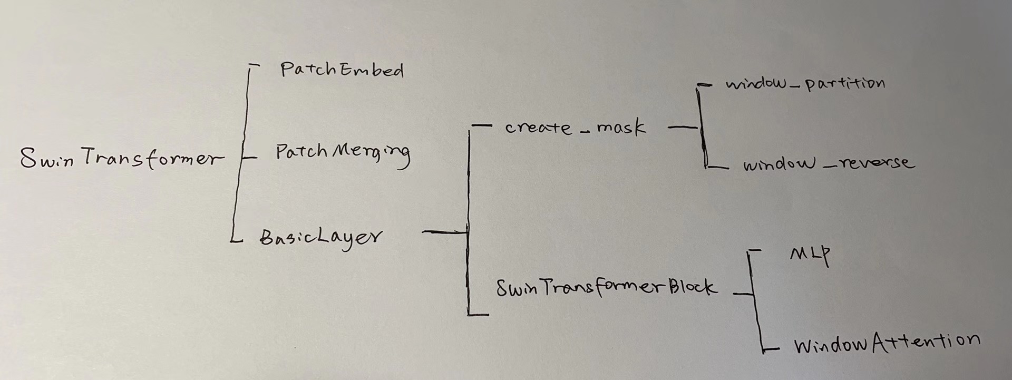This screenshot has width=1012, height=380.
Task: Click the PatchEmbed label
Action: pos(342,70)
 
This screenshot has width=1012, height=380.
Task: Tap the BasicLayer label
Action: pos(320,238)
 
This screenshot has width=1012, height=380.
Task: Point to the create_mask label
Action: pos(575,128)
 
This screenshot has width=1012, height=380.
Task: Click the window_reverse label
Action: pos(828,164)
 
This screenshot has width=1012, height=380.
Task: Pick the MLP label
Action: pos(810,256)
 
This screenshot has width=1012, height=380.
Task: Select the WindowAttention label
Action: pos(887,344)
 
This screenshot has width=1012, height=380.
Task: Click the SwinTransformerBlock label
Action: pos(606,288)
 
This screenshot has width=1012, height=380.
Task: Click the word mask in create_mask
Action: pos(621,128)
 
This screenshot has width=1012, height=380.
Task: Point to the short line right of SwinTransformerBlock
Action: pos(742,294)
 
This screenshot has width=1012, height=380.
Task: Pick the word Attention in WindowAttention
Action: pos(926,342)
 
